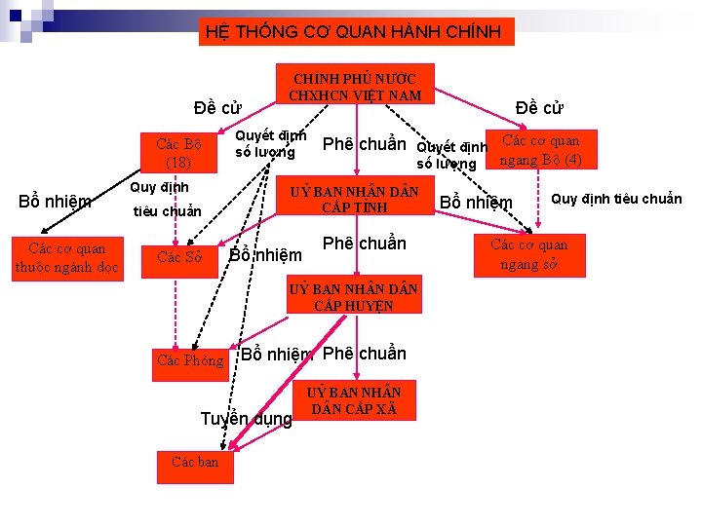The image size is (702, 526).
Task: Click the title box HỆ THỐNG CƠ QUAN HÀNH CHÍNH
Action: click(x=354, y=32)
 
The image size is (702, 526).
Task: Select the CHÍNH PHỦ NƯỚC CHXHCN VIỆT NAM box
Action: click(x=356, y=86)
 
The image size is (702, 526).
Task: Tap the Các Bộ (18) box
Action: click(x=178, y=153)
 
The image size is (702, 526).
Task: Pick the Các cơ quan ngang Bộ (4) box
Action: click(x=541, y=150)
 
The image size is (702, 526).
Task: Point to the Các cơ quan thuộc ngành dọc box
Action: click(x=66, y=257)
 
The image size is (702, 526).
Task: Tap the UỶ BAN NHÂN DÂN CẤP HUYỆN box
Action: click(x=354, y=296)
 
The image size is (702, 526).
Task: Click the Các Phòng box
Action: click(x=190, y=361)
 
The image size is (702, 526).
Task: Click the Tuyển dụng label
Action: click(x=246, y=420)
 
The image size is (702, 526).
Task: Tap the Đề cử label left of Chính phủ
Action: click(x=217, y=107)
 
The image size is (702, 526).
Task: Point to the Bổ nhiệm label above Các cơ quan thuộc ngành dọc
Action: click(x=56, y=202)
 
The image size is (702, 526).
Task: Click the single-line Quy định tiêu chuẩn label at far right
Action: click(x=616, y=200)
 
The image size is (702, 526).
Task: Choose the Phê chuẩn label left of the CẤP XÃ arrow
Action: click(x=364, y=353)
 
